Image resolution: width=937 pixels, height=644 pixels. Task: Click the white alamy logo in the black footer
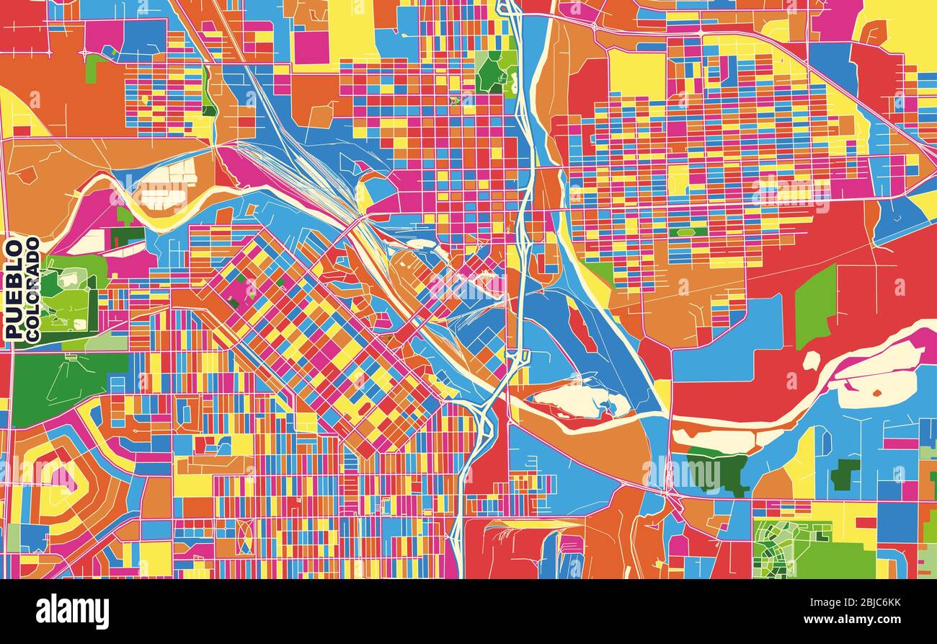(72, 612)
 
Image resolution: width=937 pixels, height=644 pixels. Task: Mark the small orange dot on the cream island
(877, 393)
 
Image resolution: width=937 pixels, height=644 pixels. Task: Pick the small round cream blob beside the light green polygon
(812, 360)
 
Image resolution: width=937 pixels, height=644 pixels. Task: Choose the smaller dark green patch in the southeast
(845, 475)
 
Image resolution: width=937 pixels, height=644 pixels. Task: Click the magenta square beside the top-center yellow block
(311, 47)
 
